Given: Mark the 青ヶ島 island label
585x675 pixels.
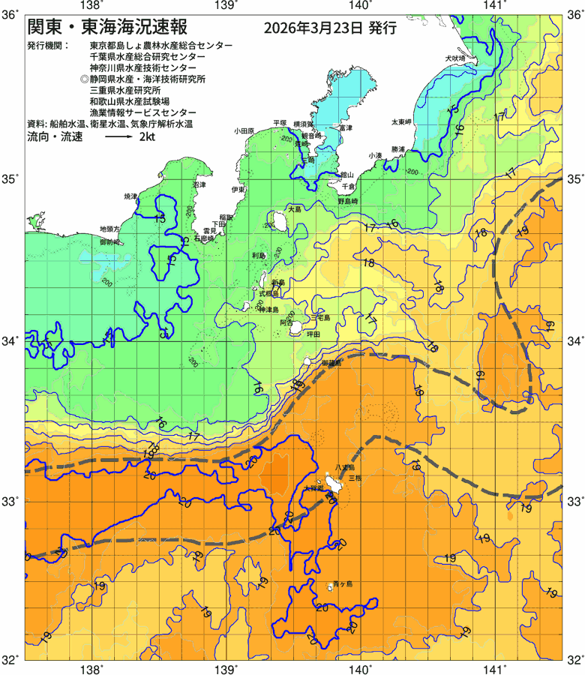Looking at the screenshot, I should pos(342,583).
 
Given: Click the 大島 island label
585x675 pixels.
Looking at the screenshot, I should pos(293,208).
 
